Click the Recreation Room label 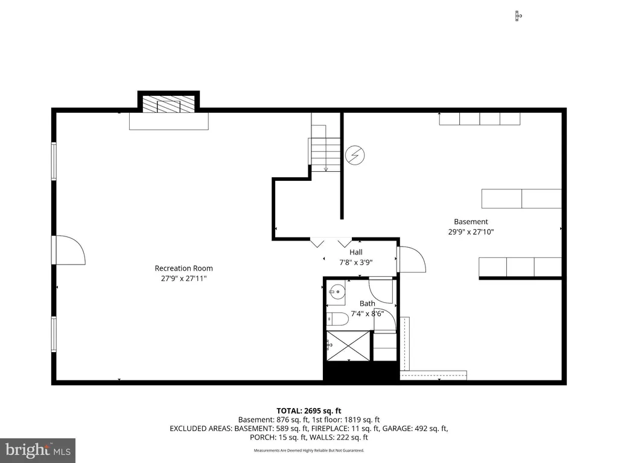[x=183, y=268]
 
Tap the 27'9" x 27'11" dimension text [x=183, y=279]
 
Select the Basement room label [x=471, y=222]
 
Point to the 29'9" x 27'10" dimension [x=471, y=232]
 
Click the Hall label [x=356, y=253]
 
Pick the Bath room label [x=368, y=304]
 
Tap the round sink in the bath [x=337, y=292]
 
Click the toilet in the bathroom [x=338, y=319]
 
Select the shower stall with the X [x=348, y=346]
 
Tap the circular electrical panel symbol [x=355, y=155]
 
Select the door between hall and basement [x=412, y=259]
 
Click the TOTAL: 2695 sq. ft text [x=308, y=411]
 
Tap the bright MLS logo [x=38, y=450]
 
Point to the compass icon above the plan [x=518, y=16]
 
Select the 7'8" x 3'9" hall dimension [x=356, y=263]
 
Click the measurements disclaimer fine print [x=308, y=450]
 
